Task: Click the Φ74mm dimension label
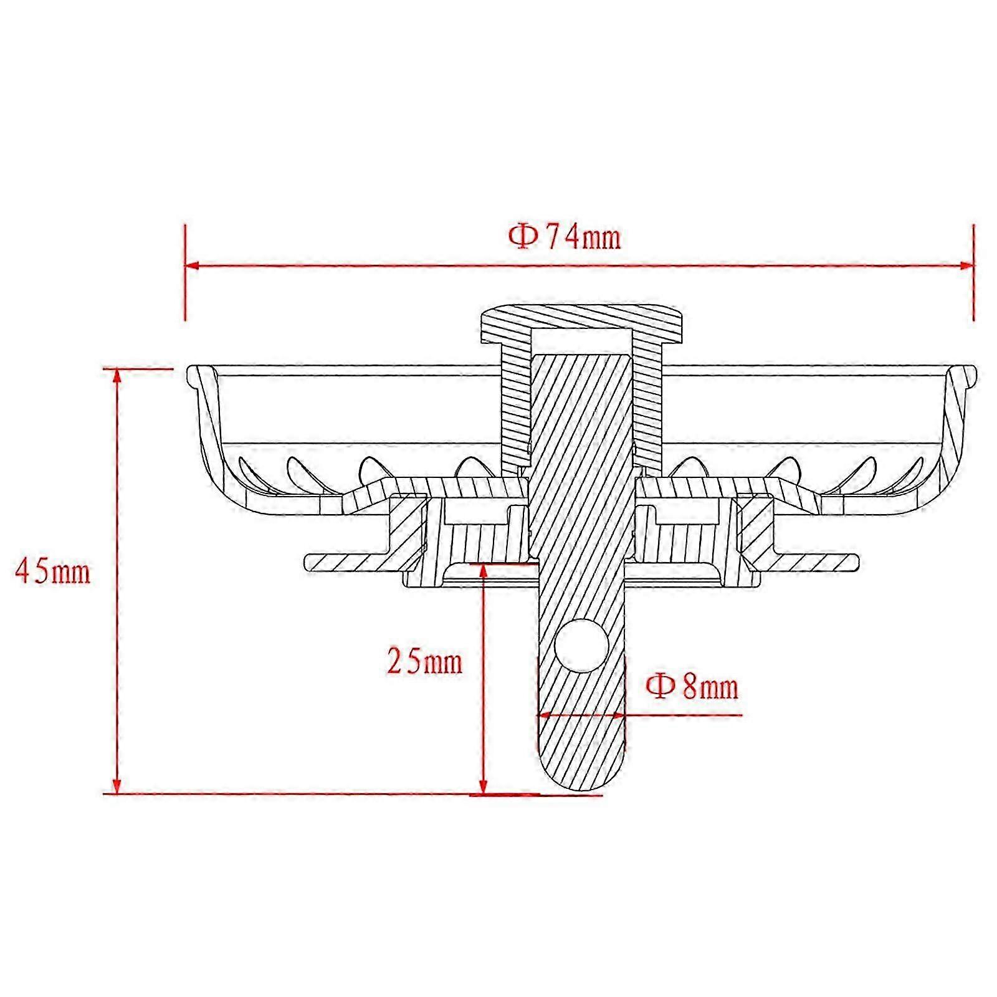(x=565, y=237)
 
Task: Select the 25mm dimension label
(x=425, y=661)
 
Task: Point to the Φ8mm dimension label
(x=692, y=686)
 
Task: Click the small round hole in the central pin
(x=581, y=646)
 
